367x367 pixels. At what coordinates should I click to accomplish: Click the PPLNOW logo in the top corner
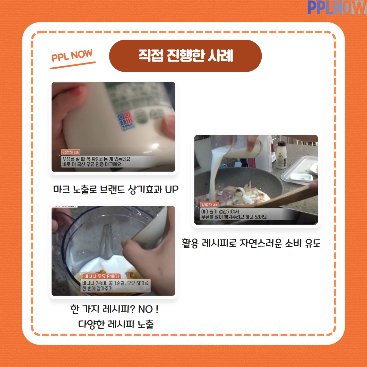tap(336, 7)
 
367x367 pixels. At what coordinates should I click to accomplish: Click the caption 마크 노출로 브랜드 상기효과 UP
tap(116, 189)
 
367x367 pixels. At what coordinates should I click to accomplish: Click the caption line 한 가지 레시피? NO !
tap(115, 310)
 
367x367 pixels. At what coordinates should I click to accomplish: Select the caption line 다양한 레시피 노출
tap(116, 324)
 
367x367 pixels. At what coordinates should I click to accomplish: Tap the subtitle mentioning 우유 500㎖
tap(116, 283)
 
